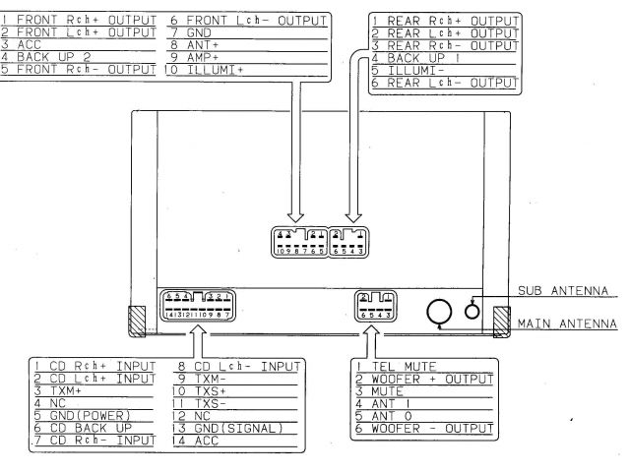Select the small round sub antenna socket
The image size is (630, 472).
coord(472,309)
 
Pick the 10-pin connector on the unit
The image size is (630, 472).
coord(297,241)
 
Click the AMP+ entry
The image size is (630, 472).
coord(198,58)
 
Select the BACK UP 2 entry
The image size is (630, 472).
coord(50,58)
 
